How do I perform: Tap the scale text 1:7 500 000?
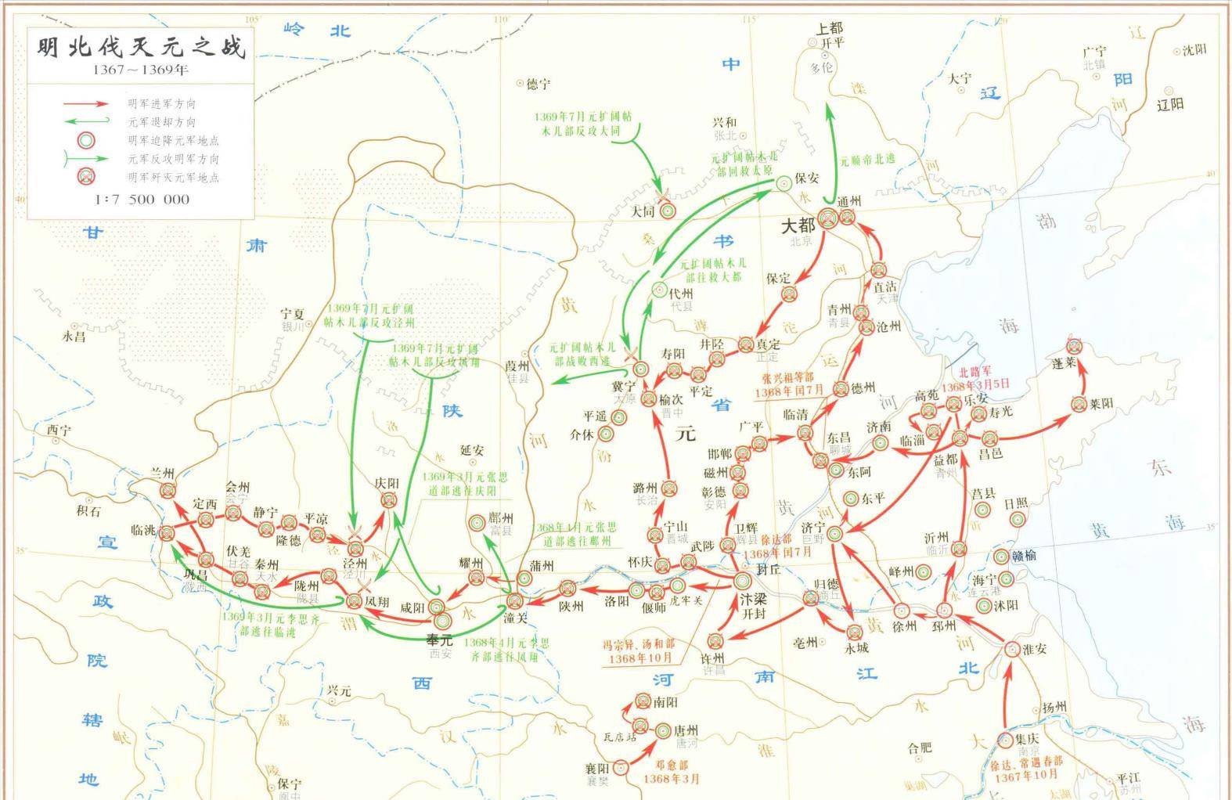pos(142,199)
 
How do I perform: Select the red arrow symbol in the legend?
pos(85,103)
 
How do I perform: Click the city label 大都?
pos(798,225)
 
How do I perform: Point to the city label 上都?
pos(830,29)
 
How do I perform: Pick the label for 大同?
pos(643,211)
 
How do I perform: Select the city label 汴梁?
pos(754,598)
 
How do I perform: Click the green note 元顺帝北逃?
pos(867,159)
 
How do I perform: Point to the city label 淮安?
pos(1033,649)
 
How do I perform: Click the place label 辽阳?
pos(1170,104)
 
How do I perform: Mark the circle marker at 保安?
pos(784,182)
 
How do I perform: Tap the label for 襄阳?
pos(596,769)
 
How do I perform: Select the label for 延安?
pos(472,450)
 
